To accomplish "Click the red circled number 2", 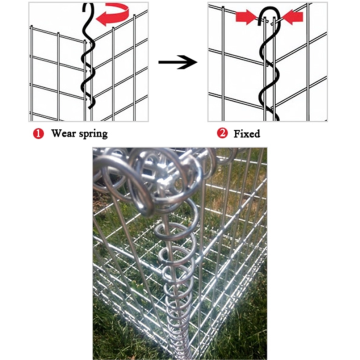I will tap(221, 131).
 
